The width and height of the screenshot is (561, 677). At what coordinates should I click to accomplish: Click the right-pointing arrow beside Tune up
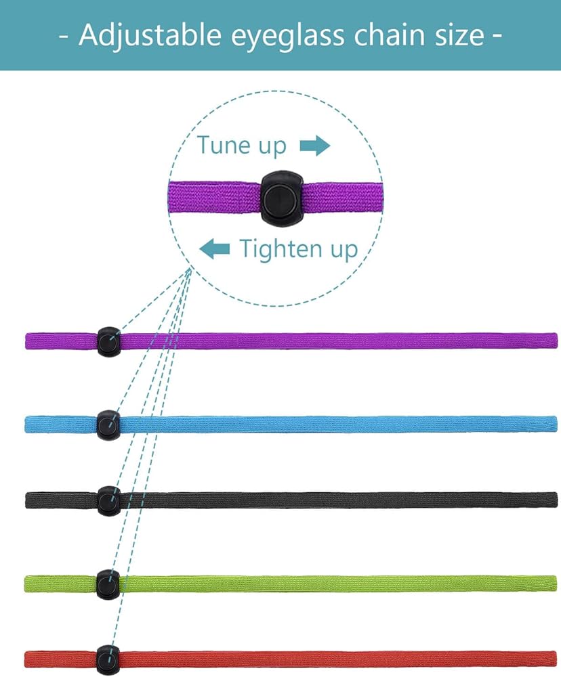click(314, 146)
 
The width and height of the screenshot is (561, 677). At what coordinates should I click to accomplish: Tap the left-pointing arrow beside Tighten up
click(214, 249)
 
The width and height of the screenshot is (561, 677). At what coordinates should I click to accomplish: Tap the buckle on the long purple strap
click(108, 341)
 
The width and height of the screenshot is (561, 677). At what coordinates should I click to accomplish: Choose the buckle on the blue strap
click(108, 424)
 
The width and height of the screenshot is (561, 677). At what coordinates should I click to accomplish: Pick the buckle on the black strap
click(108, 500)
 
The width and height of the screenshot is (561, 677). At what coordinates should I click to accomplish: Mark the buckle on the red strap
click(107, 659)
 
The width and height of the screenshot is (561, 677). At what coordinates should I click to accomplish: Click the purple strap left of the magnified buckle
click(213, 196)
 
